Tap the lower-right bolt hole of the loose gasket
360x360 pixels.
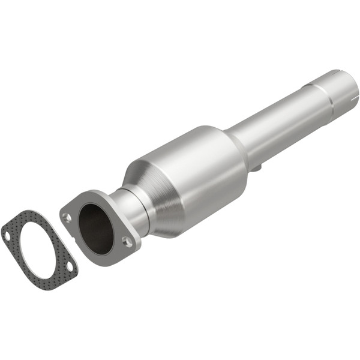coord(70,265)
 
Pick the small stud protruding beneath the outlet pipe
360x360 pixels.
coord(256,169)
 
